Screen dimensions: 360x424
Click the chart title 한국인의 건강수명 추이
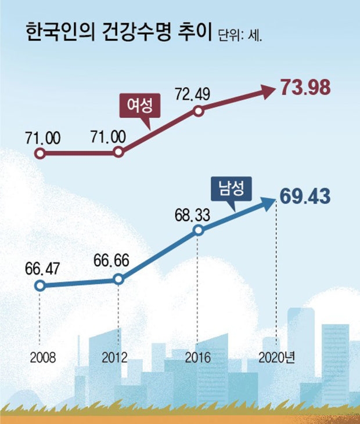coord(118,32)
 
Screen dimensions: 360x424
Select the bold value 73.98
coord(305,87)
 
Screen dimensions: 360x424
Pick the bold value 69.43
coord(305,196)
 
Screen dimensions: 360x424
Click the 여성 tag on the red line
coord(140,106)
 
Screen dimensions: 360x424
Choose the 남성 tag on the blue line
coord(232,189)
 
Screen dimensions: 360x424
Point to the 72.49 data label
coord(192,94)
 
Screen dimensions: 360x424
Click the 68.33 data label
coord(192,215)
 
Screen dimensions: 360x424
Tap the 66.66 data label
coord(111,260)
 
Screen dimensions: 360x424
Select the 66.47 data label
coord(42,269)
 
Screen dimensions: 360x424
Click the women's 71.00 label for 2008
coord(43,138)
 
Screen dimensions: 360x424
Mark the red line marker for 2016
coord(199,111)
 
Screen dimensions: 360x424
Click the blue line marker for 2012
coord(118,279)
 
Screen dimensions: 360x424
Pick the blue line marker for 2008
coord(40,285)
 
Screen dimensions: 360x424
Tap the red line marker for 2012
coord(118,152)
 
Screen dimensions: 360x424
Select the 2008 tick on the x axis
coord(43,357)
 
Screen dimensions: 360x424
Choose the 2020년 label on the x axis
coord(276,357)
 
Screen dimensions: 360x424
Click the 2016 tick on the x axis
coord(197,357)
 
